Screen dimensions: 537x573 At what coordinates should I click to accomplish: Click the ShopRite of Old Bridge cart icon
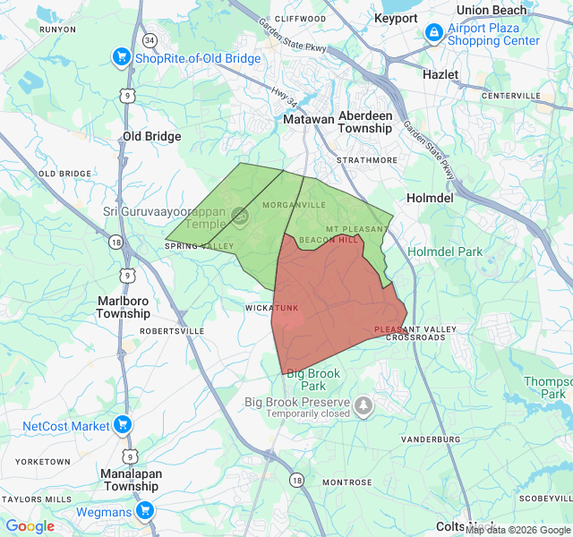point(122,58)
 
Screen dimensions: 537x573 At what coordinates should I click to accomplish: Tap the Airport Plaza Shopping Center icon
point(433,33)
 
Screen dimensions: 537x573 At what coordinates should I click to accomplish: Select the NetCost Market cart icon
point(124,425)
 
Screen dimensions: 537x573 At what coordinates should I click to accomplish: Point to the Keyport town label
point(396,18)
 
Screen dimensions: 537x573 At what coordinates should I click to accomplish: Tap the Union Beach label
point(498,10)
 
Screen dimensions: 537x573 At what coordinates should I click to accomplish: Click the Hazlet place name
point(440,74)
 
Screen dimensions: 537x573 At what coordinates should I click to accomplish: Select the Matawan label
point(308,118)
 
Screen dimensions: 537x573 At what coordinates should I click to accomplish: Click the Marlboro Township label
point(124,307)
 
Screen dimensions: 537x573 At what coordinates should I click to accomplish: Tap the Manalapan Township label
point(131,480)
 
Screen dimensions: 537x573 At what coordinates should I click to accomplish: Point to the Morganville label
point(294,205)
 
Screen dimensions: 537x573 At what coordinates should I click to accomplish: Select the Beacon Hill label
point(329,240)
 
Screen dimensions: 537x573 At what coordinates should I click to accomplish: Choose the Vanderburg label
point(430,439)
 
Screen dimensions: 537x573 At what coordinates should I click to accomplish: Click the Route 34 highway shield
point(149,41)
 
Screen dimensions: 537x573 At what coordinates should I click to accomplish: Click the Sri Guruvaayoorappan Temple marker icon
point(240,215)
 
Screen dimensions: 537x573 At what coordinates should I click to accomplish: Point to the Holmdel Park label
point(445,251)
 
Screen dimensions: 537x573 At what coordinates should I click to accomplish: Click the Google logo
point(30,526)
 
